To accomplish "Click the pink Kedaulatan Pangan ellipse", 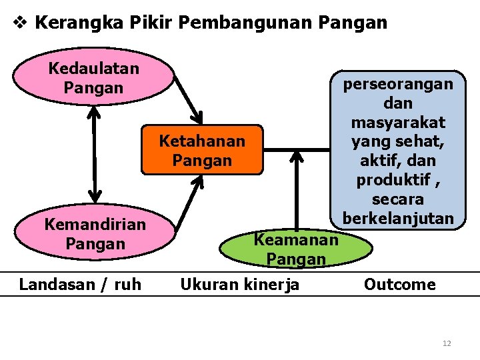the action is click(93, 77).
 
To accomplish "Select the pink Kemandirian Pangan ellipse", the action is click(94, 234).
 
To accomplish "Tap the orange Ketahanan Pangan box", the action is click(201, 151).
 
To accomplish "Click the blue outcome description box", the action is click(398, 151).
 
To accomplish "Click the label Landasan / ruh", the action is click(80, 285).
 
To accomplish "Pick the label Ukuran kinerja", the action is click(240, 285).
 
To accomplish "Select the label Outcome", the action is click(399, 285).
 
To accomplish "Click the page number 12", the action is click(447, 343).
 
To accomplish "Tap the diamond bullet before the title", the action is click(20, 23).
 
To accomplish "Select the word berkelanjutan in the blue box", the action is click(398, 218).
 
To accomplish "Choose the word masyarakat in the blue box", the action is click(398, 123).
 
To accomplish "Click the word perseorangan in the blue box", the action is click(398, 84).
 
